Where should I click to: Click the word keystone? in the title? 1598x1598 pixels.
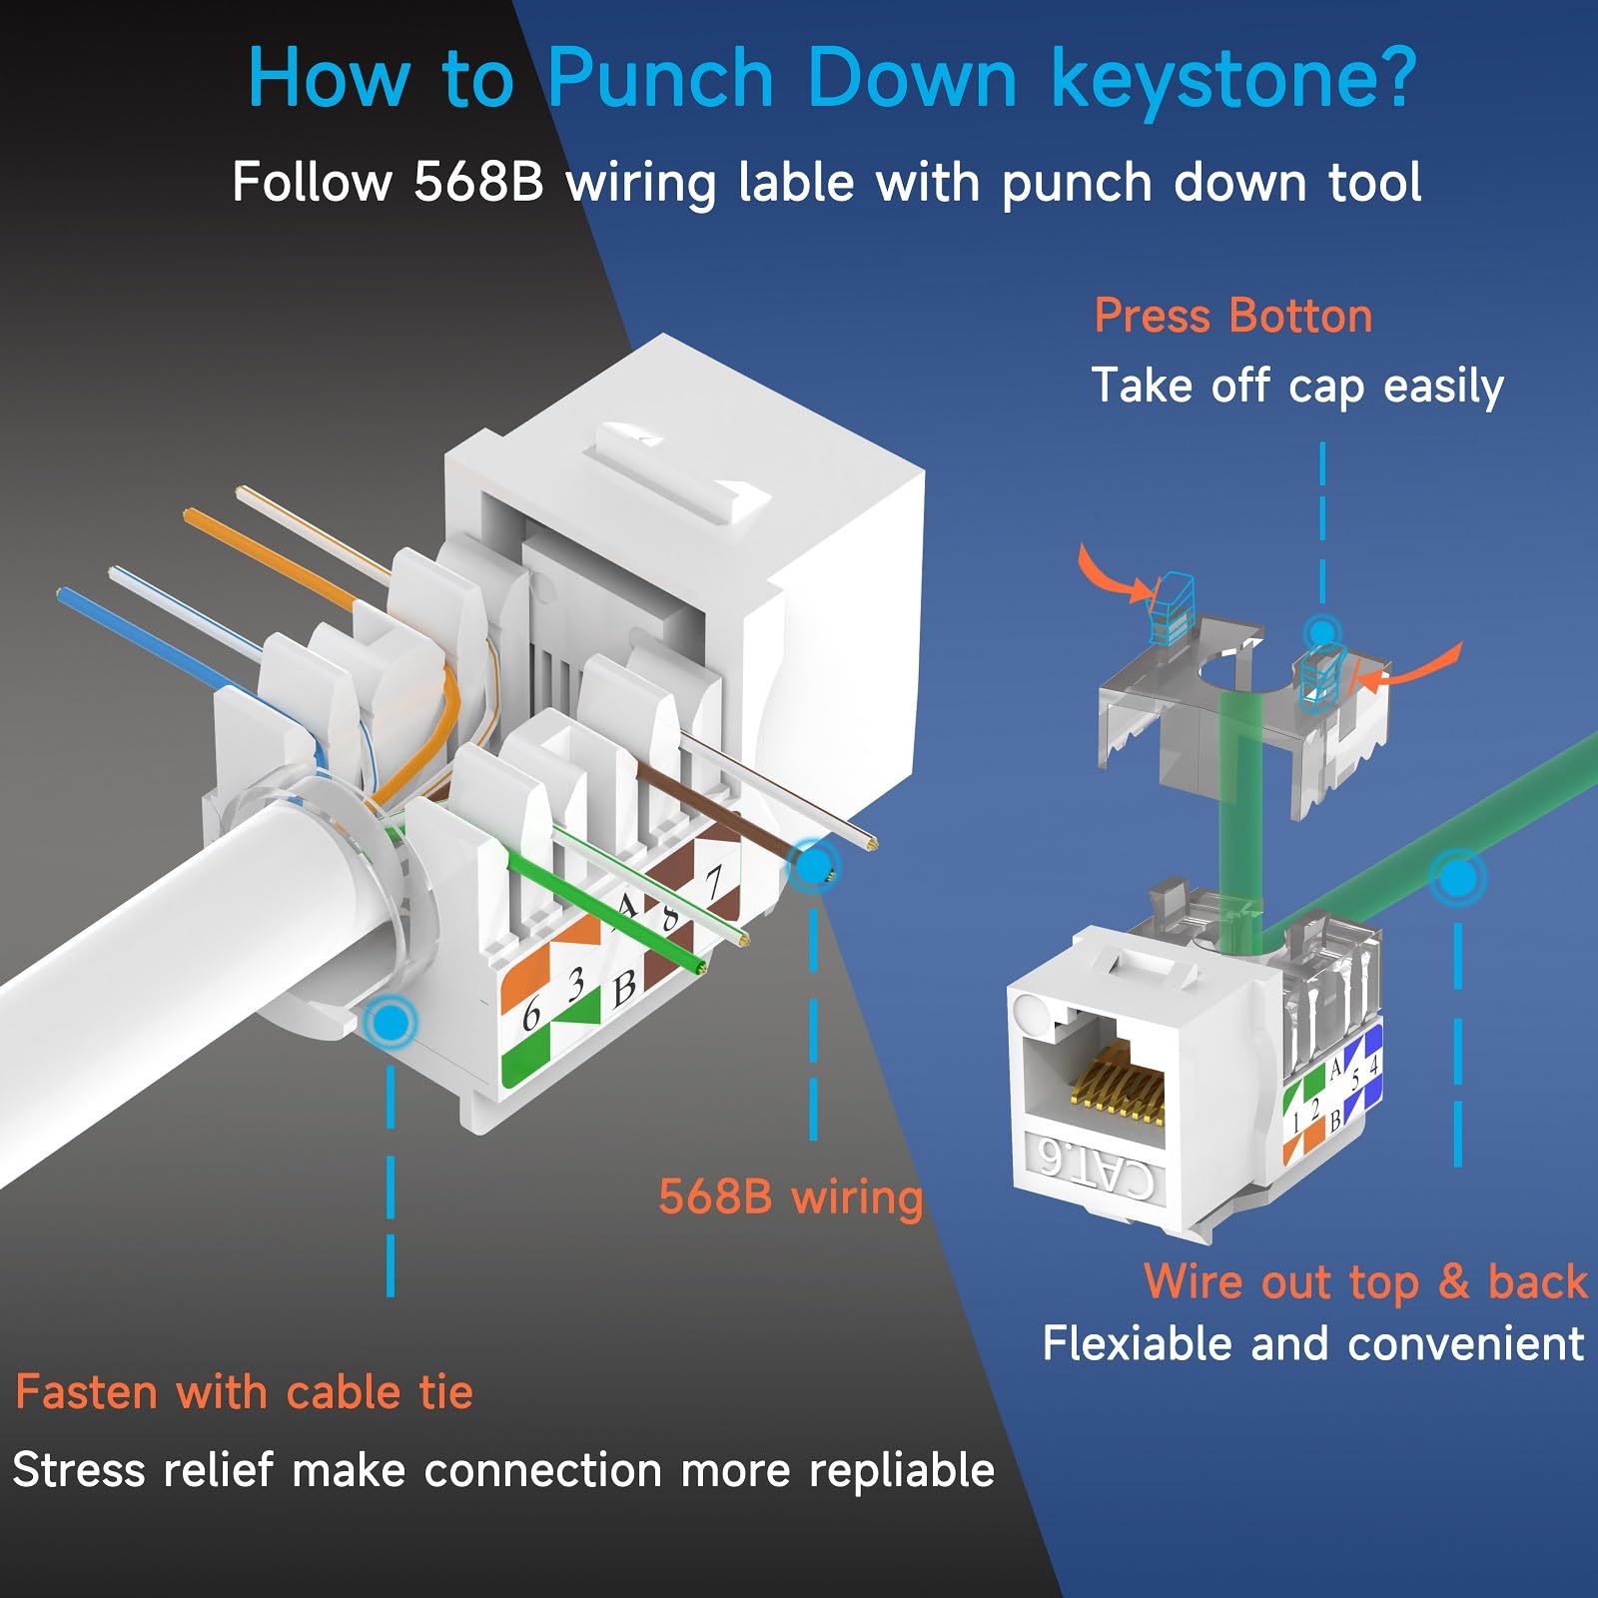point(1233,80)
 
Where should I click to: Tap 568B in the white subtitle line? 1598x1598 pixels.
point(477,183)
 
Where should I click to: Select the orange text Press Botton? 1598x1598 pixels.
point(1232,316)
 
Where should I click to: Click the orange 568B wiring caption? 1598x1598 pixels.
point(790,1196)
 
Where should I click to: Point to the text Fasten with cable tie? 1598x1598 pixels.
point(244,1392)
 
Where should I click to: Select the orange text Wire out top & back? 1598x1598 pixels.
point(1364,1281)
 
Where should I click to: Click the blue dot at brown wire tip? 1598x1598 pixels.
point(813,865)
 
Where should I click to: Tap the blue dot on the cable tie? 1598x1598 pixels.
point(391,1021)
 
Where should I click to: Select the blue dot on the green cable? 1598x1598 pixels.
point(1458,878)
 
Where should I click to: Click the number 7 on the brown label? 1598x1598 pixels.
point(713,884)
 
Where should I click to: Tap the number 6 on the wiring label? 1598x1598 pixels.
point(531,1016)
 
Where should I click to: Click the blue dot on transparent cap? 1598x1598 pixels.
point(1322,632)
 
